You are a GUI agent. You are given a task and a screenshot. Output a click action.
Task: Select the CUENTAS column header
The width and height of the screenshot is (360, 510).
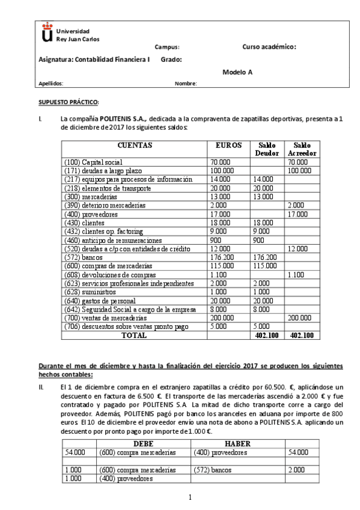pyautogui.click(x=135, y=146)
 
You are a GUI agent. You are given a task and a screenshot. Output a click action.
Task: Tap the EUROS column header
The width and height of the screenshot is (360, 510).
pyautogui.click(x=228, y=146)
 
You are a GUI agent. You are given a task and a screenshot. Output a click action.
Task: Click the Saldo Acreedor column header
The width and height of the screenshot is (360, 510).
pyautogui.click(x=301, y=150)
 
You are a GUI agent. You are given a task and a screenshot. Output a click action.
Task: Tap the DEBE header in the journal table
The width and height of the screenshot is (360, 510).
pyautogui.click(x=143, y=444)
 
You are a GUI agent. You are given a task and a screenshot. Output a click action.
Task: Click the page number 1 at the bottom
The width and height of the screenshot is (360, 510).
pyautogui.click(x=189, y=497)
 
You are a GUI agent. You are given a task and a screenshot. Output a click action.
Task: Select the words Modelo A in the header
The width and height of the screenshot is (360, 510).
pyautogui.click(x=237, y=72)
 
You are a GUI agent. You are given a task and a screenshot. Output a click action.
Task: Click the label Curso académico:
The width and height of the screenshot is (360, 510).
pyautogui.click(x=269, y=46)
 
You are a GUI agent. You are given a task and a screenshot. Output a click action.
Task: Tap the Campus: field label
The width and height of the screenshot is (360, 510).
pyautogui.click(x=167, y=47)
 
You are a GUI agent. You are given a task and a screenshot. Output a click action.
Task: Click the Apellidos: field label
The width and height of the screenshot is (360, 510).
pyautogui.click(x=50, y=84)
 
